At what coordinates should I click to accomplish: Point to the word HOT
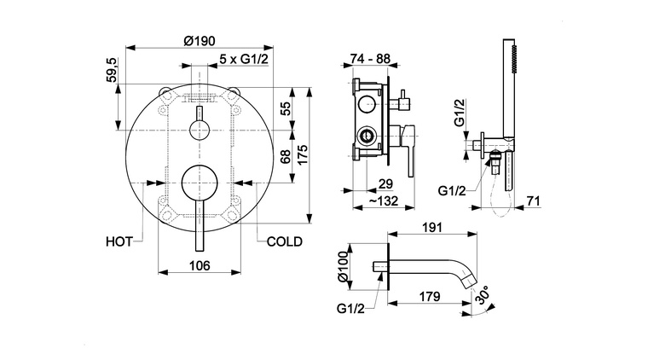(119, 241)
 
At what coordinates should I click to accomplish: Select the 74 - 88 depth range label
(371, 60)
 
